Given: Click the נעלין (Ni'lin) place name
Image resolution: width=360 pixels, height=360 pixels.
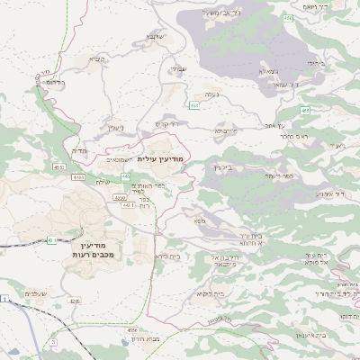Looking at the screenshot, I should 107,128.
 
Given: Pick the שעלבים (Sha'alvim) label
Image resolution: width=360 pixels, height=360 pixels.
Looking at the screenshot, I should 35,294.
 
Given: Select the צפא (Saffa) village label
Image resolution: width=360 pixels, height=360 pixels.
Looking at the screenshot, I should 198,219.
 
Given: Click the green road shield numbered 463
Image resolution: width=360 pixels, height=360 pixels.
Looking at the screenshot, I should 194,106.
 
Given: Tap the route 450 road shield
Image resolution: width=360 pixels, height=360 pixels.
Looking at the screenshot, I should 288,18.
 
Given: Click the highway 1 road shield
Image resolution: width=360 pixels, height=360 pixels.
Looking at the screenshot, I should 5,299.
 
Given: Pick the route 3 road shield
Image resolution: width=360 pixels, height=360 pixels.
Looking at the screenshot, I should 53,343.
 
